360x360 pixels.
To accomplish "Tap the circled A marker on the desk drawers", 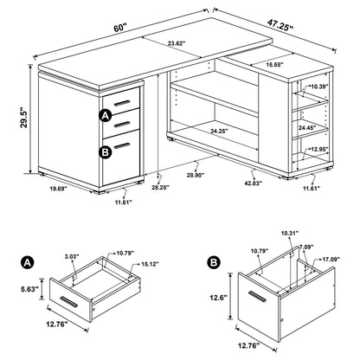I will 105,116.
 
